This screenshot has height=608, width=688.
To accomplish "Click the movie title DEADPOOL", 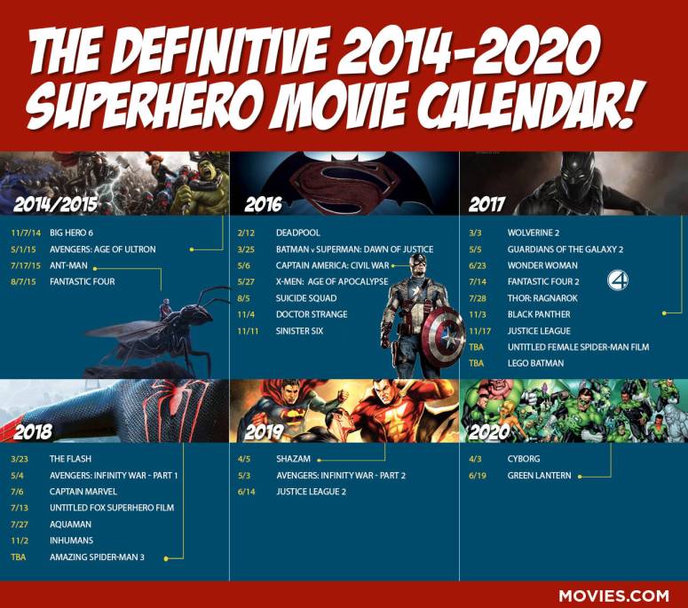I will pos(297,233).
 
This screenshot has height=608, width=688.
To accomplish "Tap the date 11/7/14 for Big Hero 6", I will pos(27,233).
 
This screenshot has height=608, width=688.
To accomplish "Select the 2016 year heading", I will pos(263,205).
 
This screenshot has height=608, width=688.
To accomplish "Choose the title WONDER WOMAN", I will pos(542,265).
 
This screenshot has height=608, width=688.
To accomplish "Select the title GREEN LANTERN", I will pos(539,476).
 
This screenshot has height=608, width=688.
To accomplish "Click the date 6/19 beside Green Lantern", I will pos(478,476).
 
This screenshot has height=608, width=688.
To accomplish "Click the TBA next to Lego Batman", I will pos(477,363).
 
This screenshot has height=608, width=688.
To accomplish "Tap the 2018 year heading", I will pos(34,433).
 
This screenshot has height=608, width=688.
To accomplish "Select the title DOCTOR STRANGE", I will pos(312,314).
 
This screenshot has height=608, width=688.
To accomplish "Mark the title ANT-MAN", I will pos(67,265).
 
